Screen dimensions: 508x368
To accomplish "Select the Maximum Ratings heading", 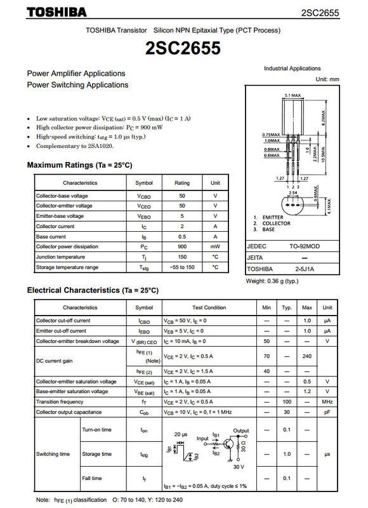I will click(x=79, y=165).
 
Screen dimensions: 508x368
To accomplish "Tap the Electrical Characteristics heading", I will click(x=92, y=290).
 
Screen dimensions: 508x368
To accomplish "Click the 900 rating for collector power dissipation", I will click(x=182, y=246).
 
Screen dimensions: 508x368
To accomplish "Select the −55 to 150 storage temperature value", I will click(x=182, y=267).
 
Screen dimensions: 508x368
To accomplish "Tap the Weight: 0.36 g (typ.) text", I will click(x=272, y=281).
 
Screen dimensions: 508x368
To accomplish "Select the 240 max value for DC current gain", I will click(x=307, y=356).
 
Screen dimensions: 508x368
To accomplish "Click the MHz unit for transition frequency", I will click(x=327, y=402).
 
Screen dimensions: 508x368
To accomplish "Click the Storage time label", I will click(x=96, y=454).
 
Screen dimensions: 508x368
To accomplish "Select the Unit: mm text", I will click(x=327, y=79).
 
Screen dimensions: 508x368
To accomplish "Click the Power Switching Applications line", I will click(x=77, y=84).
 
